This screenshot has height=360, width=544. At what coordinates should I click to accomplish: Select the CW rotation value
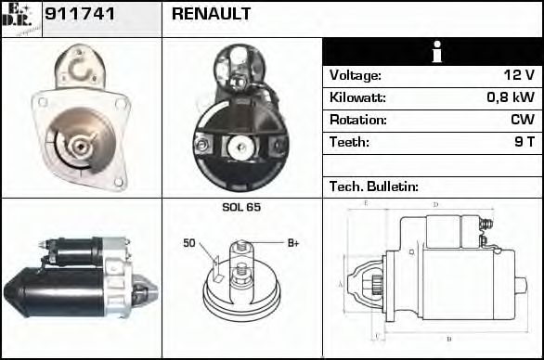(x=523, y=121)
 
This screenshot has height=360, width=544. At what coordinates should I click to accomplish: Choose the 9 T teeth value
(x=525, y=143)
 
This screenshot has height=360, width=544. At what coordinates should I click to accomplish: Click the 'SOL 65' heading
(x=240, y=207)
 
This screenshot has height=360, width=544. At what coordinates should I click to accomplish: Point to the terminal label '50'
(x=189, y=244)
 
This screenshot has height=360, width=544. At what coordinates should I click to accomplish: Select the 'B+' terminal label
(x=293, y=243)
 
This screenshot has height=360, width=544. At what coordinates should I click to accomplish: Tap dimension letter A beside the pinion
(x=341, y=283)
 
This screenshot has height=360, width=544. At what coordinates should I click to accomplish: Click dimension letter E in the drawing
(x=366, y=203)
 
